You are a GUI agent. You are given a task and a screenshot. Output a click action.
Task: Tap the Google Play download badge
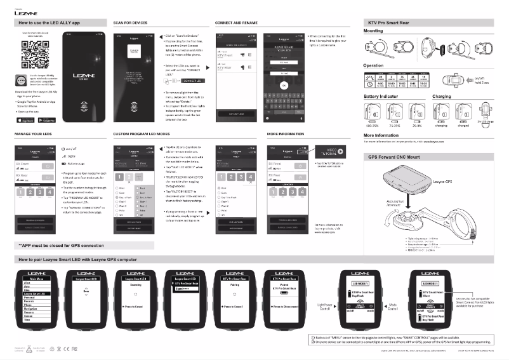pos(47,119)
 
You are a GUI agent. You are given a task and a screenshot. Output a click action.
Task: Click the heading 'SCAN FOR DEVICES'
pos(130,22)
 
